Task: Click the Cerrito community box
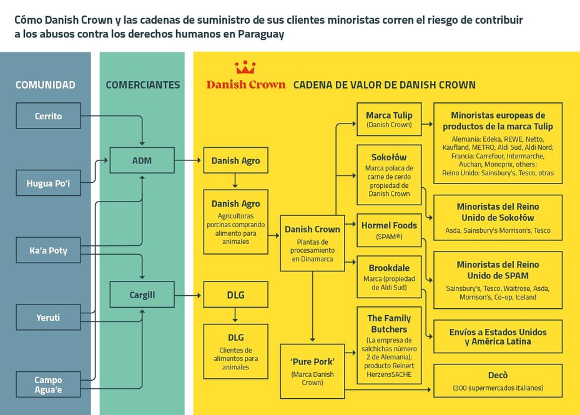48,116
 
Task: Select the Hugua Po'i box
48,183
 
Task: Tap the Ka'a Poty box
48,250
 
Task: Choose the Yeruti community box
48,317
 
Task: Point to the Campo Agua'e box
48,384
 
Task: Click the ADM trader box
142,160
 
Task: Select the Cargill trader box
142,295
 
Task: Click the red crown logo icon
245,67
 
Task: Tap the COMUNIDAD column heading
45,85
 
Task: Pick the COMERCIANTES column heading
143,85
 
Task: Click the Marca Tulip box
389,119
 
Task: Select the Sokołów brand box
389,175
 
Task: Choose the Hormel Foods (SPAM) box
389,230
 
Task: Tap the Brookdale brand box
389,276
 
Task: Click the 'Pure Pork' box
313,371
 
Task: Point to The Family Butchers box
389,345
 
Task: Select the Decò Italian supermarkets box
498,381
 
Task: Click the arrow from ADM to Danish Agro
188,160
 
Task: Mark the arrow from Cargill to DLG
188,295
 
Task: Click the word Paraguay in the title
261,34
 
